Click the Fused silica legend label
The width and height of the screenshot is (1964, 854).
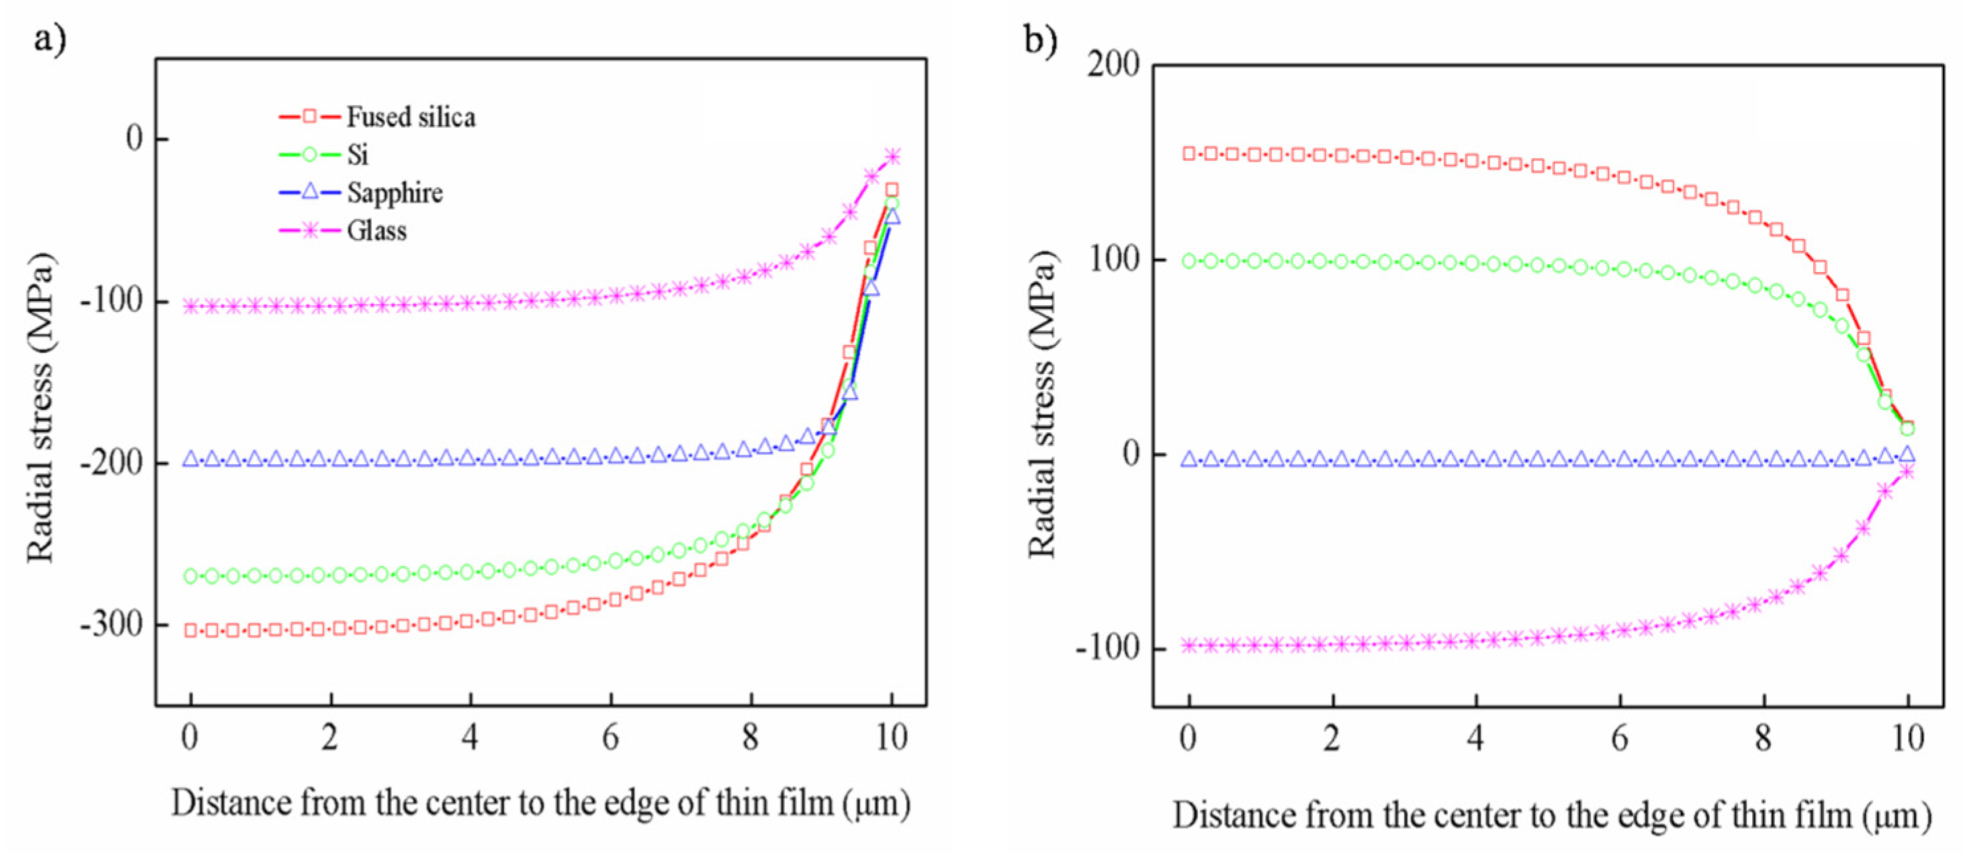(x=410, y=117)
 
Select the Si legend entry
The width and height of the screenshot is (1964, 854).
(x=357, y=155)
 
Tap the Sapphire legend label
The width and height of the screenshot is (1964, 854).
(x=394, y=192)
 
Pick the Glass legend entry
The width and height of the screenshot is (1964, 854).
(x=377, y=230)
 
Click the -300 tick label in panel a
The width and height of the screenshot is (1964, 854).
(x=112, y=624)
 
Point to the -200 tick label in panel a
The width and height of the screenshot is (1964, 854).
(x=112, y=463)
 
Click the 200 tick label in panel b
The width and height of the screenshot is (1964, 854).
(x=1113, y=64)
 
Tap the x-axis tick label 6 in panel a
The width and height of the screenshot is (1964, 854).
(x=611, y=737)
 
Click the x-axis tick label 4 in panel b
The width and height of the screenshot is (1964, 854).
(x=1476, y=738)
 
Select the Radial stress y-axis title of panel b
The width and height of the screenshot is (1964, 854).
(x=1042, y=404)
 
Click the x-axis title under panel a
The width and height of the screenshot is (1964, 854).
(x=541, y=803)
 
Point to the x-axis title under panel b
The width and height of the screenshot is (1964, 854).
(x=1552, y=815)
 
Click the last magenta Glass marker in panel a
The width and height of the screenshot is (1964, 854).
(x=893, y=156)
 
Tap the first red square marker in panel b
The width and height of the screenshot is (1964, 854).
(x=1188, y=154)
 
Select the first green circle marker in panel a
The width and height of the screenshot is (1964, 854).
(x=191, y=576)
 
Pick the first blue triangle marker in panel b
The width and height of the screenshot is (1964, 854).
(x=1188, y=459)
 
